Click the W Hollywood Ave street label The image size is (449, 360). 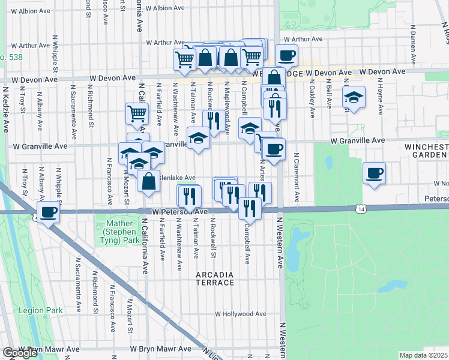coord(240,314)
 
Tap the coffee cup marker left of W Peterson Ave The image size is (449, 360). coord(47,211)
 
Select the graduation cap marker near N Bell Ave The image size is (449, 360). coord(354,97)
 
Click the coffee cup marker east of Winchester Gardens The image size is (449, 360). coord(375,173)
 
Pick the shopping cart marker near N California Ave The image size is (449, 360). coord(137,113)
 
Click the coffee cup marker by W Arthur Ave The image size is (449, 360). coord(286,55)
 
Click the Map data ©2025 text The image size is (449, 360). coord(424,355)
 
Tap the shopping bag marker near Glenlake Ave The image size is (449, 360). coord(148,181)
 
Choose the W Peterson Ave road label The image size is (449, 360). coord(179,212)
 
